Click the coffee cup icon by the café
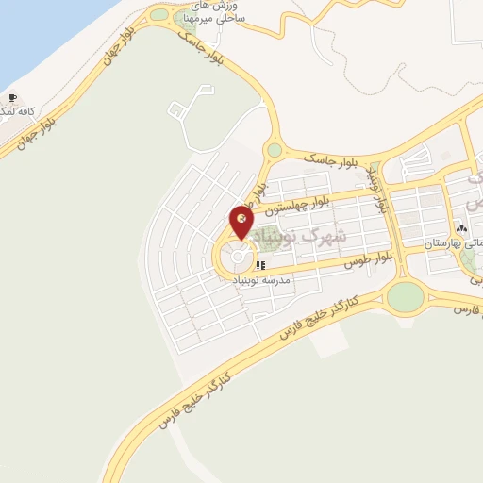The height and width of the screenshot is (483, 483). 12,97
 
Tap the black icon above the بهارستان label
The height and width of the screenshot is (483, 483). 460,228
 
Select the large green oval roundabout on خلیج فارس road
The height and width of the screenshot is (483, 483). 406,296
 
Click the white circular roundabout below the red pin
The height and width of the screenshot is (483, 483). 239,257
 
